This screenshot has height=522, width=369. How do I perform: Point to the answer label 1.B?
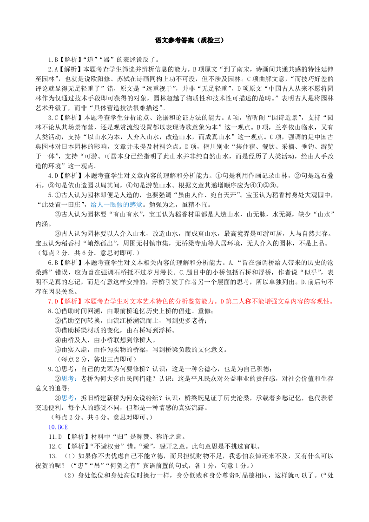(53, 59)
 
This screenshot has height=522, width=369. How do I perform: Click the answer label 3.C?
(53, 118)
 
